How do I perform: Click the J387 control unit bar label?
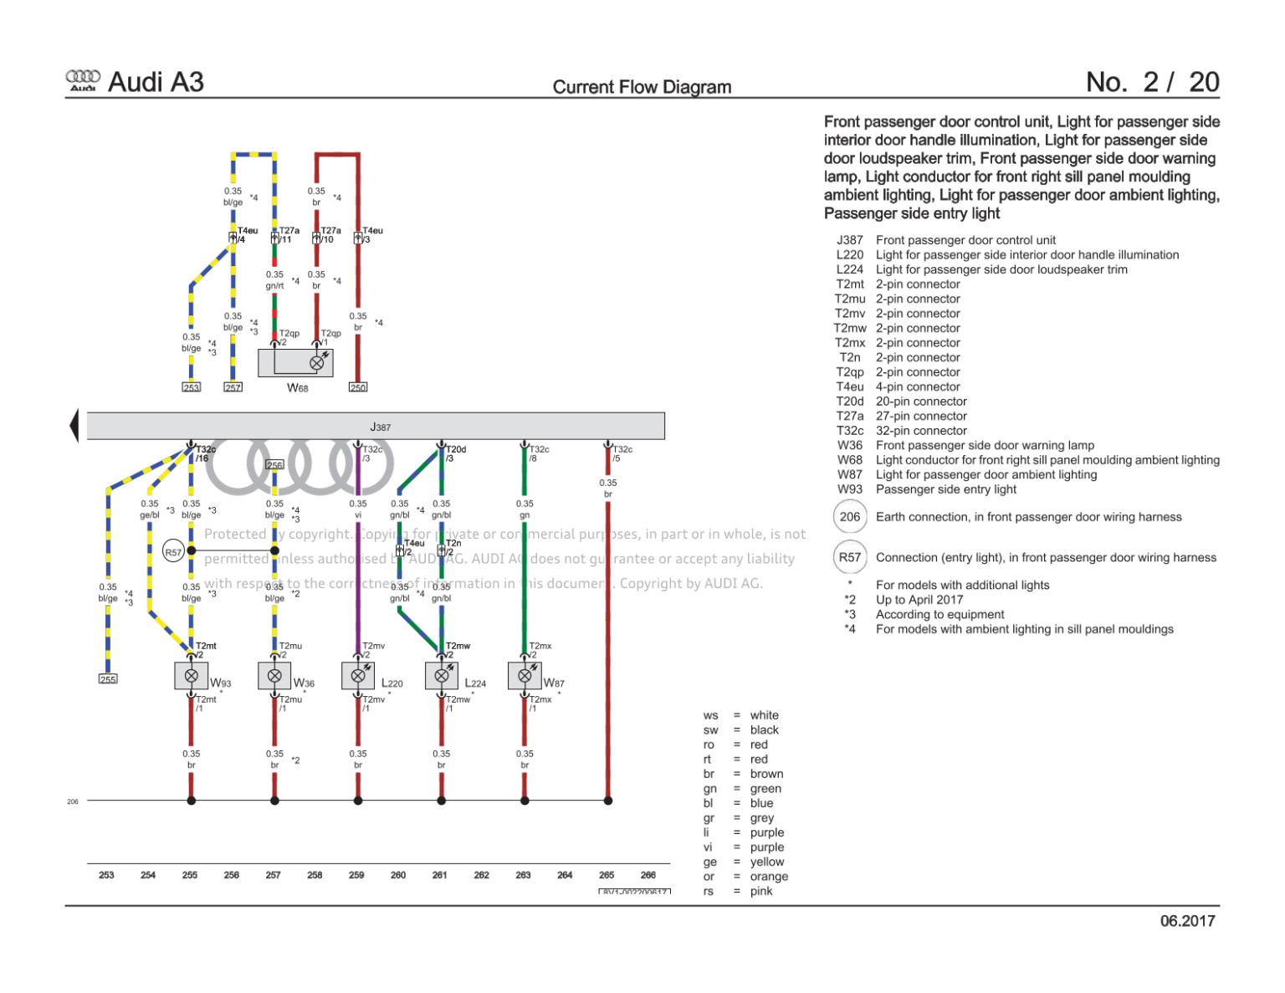click(380, 427)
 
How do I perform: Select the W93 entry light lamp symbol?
click(191, 675)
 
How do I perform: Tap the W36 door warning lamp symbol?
click(274, 675)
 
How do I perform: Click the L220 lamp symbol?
click(358, 675)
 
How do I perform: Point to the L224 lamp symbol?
click(441, 675)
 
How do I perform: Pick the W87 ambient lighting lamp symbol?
click(525, 675)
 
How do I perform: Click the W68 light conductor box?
click(295, 363)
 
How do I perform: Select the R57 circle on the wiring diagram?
click(173, 551)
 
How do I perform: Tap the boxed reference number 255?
click(108, 679)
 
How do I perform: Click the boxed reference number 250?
click(358, 387)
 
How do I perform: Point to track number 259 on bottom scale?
click(356, 875)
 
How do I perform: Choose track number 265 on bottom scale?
click(607, 875)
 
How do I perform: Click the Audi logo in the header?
click(83, 80)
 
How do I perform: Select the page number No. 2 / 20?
click(1152, 82)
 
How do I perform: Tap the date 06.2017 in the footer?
click(1186, 921)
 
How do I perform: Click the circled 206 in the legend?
click(849, 517)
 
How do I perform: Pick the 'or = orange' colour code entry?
click(745, 877)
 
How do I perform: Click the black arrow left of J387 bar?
click(74, 425)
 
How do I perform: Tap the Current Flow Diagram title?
click(642, 87)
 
